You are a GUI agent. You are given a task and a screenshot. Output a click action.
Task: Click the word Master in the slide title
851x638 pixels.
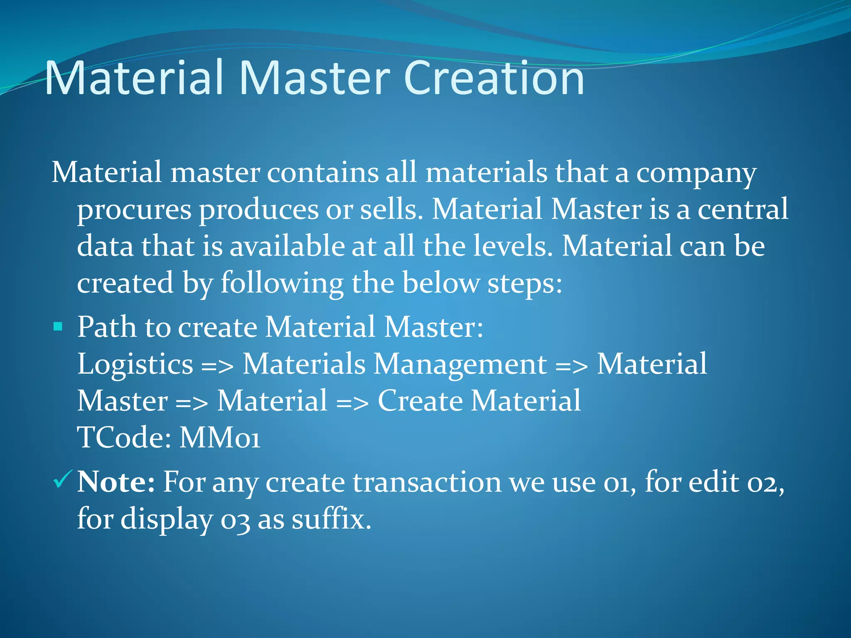pyautogui.click(x=315, y=78)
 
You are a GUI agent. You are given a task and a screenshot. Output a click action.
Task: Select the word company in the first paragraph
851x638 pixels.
pyautogui.click(x=696, y=174)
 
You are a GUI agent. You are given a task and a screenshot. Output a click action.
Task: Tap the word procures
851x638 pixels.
pyautogui.click(x=134, y=210)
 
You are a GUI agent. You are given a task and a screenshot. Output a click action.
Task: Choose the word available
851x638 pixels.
pyautogui.click(x=287, y=246)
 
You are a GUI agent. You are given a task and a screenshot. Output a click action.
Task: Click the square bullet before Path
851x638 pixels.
pyautogui.click(x=58, y=326)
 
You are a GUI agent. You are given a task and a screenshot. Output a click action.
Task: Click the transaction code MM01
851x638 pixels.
pyautogui.click(x=220, y=438)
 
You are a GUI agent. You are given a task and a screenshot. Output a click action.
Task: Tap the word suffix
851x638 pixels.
pyautogui.click(x=331, y=519)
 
